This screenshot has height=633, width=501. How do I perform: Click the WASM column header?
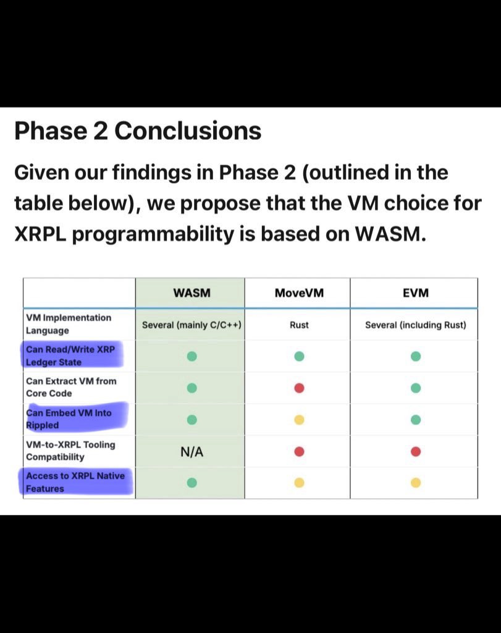(192, 292)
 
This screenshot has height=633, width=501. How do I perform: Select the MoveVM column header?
(299, 292)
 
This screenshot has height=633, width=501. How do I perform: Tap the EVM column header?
(416, 292)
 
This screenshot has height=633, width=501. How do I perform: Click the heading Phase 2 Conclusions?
(138, 131)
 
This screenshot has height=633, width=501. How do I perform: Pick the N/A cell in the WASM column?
(192, 452)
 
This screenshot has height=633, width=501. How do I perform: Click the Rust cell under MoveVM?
(299, 325)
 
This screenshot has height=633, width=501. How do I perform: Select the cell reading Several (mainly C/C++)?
(192, 325)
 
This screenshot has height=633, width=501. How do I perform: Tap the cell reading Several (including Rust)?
(416, 325)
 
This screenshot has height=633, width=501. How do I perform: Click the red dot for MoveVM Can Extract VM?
(299, 388)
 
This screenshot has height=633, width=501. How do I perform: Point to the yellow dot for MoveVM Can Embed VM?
(299, 420)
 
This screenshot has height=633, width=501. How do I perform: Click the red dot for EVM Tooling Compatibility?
(416, 451)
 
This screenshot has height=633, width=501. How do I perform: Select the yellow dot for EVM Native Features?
(416, 483)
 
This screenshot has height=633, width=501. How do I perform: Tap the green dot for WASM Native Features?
(192, 483)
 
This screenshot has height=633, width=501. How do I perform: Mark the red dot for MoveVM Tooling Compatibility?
(299, 451)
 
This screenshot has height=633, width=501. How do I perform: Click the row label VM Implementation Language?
(69, 324)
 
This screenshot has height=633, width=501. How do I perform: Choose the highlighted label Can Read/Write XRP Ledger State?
(70, 355)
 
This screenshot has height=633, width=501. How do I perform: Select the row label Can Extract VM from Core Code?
(71, 387)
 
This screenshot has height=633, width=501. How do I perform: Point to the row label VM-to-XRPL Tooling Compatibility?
(70, 451)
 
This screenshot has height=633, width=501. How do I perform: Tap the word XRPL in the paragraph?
(40, 234)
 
